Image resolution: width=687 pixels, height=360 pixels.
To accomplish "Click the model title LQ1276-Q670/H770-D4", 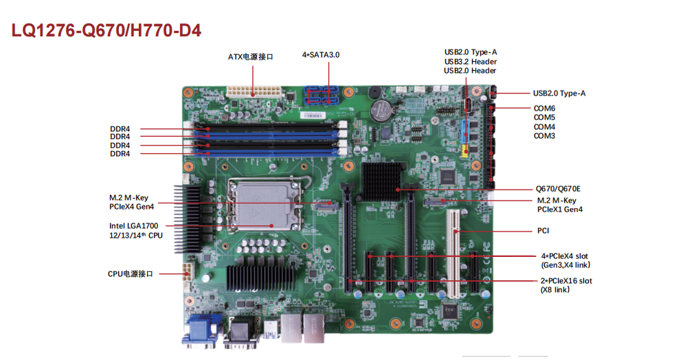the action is (x=106, y=30).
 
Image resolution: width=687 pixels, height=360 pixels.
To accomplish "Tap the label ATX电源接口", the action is (x=251, y=57).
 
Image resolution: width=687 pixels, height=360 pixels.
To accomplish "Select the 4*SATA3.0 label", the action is (x=321, y=55).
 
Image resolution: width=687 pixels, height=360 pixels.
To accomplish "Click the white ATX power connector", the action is (x=254, y=92).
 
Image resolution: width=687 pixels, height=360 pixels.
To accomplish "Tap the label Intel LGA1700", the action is (x=134, y=226).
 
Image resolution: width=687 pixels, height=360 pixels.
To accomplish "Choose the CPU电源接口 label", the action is (x=130, y=273).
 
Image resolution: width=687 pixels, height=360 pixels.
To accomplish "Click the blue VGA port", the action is (x=203, y=330).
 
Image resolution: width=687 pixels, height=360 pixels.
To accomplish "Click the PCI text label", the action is (x=543, y=231).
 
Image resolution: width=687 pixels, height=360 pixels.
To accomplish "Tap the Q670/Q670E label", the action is (x=558, y=189).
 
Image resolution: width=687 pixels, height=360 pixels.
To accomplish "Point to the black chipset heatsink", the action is (x=381, y=181).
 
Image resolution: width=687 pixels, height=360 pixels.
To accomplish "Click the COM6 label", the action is (x=544, y=108).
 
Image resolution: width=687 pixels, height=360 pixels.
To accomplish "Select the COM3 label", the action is (x=544, y=136).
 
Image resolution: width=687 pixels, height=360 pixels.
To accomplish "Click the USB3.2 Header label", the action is (x=471, y=62).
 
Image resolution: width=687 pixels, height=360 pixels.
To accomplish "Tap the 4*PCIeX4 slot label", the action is (x=564, y=256).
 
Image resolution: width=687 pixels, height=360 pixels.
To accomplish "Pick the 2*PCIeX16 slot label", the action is (x=566, y=281).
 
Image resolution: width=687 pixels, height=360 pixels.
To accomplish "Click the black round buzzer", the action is (x=374, y=93).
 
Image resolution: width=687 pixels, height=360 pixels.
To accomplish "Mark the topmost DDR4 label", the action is (x=120, y=128).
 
